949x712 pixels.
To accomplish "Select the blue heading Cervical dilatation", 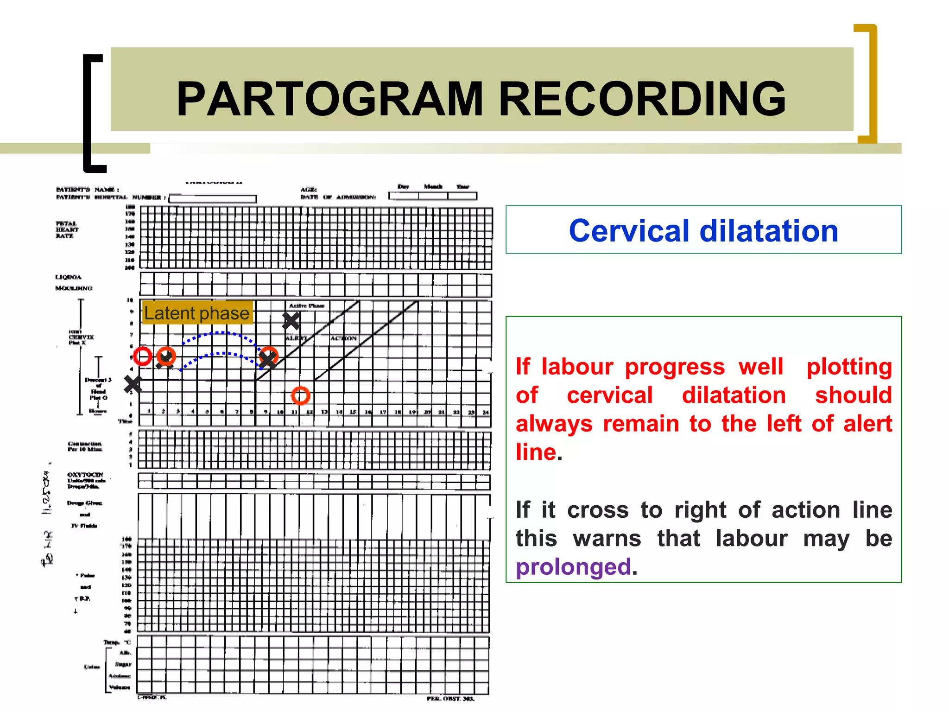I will [x=703, y=230].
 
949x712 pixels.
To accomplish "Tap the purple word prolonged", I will [x=573, y=566].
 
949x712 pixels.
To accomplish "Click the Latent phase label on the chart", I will [x=197, y=313].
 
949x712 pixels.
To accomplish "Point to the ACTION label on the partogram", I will [x=343, y=338].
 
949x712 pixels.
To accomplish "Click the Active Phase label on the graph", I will [x=307, y=305].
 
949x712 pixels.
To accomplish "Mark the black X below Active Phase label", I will [x=291, y=321].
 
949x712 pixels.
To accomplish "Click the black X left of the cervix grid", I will [x=133, y=384].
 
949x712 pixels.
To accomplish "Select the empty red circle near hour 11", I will [x=300, y=395].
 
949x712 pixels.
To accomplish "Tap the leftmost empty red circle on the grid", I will [x=143, y=356].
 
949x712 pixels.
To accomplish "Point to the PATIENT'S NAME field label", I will [x=87, y=189].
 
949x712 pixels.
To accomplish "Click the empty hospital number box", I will [x=213, y=198].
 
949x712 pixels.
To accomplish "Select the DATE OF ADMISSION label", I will [x=338, y=197].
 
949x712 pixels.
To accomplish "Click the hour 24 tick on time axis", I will [x=485, y=412].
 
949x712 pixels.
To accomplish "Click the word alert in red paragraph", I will [x=867, y=424].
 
